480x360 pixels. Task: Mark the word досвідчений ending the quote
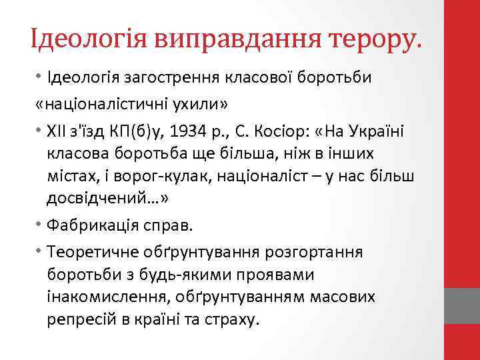[96, 199]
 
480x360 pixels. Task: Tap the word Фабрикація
[91, 225]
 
